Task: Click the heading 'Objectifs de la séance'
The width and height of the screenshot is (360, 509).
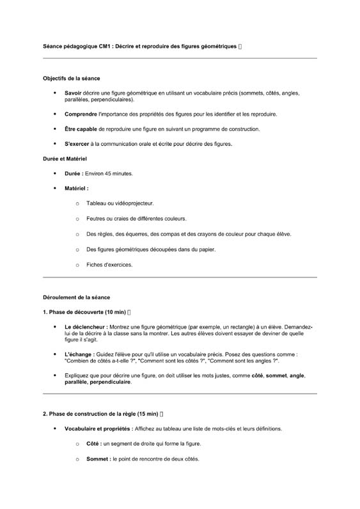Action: click(72, 79)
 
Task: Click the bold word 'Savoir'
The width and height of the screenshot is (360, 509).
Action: click(74, 93)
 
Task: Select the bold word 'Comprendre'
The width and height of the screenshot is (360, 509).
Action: click(81, 114)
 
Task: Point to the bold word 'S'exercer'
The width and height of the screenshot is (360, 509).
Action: click(77, 144)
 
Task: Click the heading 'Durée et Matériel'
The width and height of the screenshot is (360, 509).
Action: click(65, 158)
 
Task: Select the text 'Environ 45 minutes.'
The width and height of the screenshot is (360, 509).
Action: click(109, 173)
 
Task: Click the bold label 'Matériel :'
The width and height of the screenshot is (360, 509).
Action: click(77, 189)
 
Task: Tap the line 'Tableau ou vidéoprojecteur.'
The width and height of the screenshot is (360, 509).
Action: click(120, 204)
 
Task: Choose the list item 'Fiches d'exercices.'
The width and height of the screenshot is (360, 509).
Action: click(109, 265)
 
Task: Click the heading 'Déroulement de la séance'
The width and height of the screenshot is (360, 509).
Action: click(76, 297)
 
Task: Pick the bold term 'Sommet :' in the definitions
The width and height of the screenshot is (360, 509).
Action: click(98, 459)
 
